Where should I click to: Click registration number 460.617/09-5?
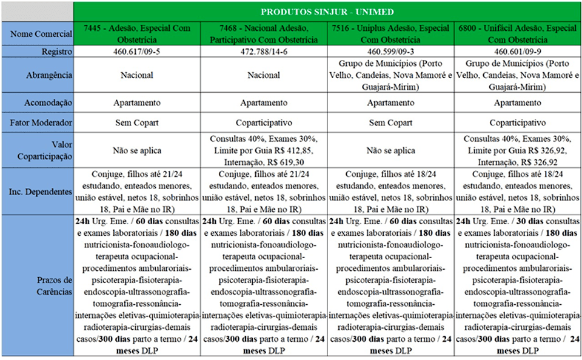(x=137, y=52)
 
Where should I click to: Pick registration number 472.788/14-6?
(x=264, y=52)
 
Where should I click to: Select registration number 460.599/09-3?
(x=390, y=52)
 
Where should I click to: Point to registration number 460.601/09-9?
(x=517, y=52)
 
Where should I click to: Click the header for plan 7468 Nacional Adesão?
(x=264, y=34)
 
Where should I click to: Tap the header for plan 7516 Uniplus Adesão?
(x=390, y=34)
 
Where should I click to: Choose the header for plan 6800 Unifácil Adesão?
(x=517, y=34)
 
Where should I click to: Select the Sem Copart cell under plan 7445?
(x=137, y=123)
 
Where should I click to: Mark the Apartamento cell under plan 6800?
(x=517, y=102)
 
